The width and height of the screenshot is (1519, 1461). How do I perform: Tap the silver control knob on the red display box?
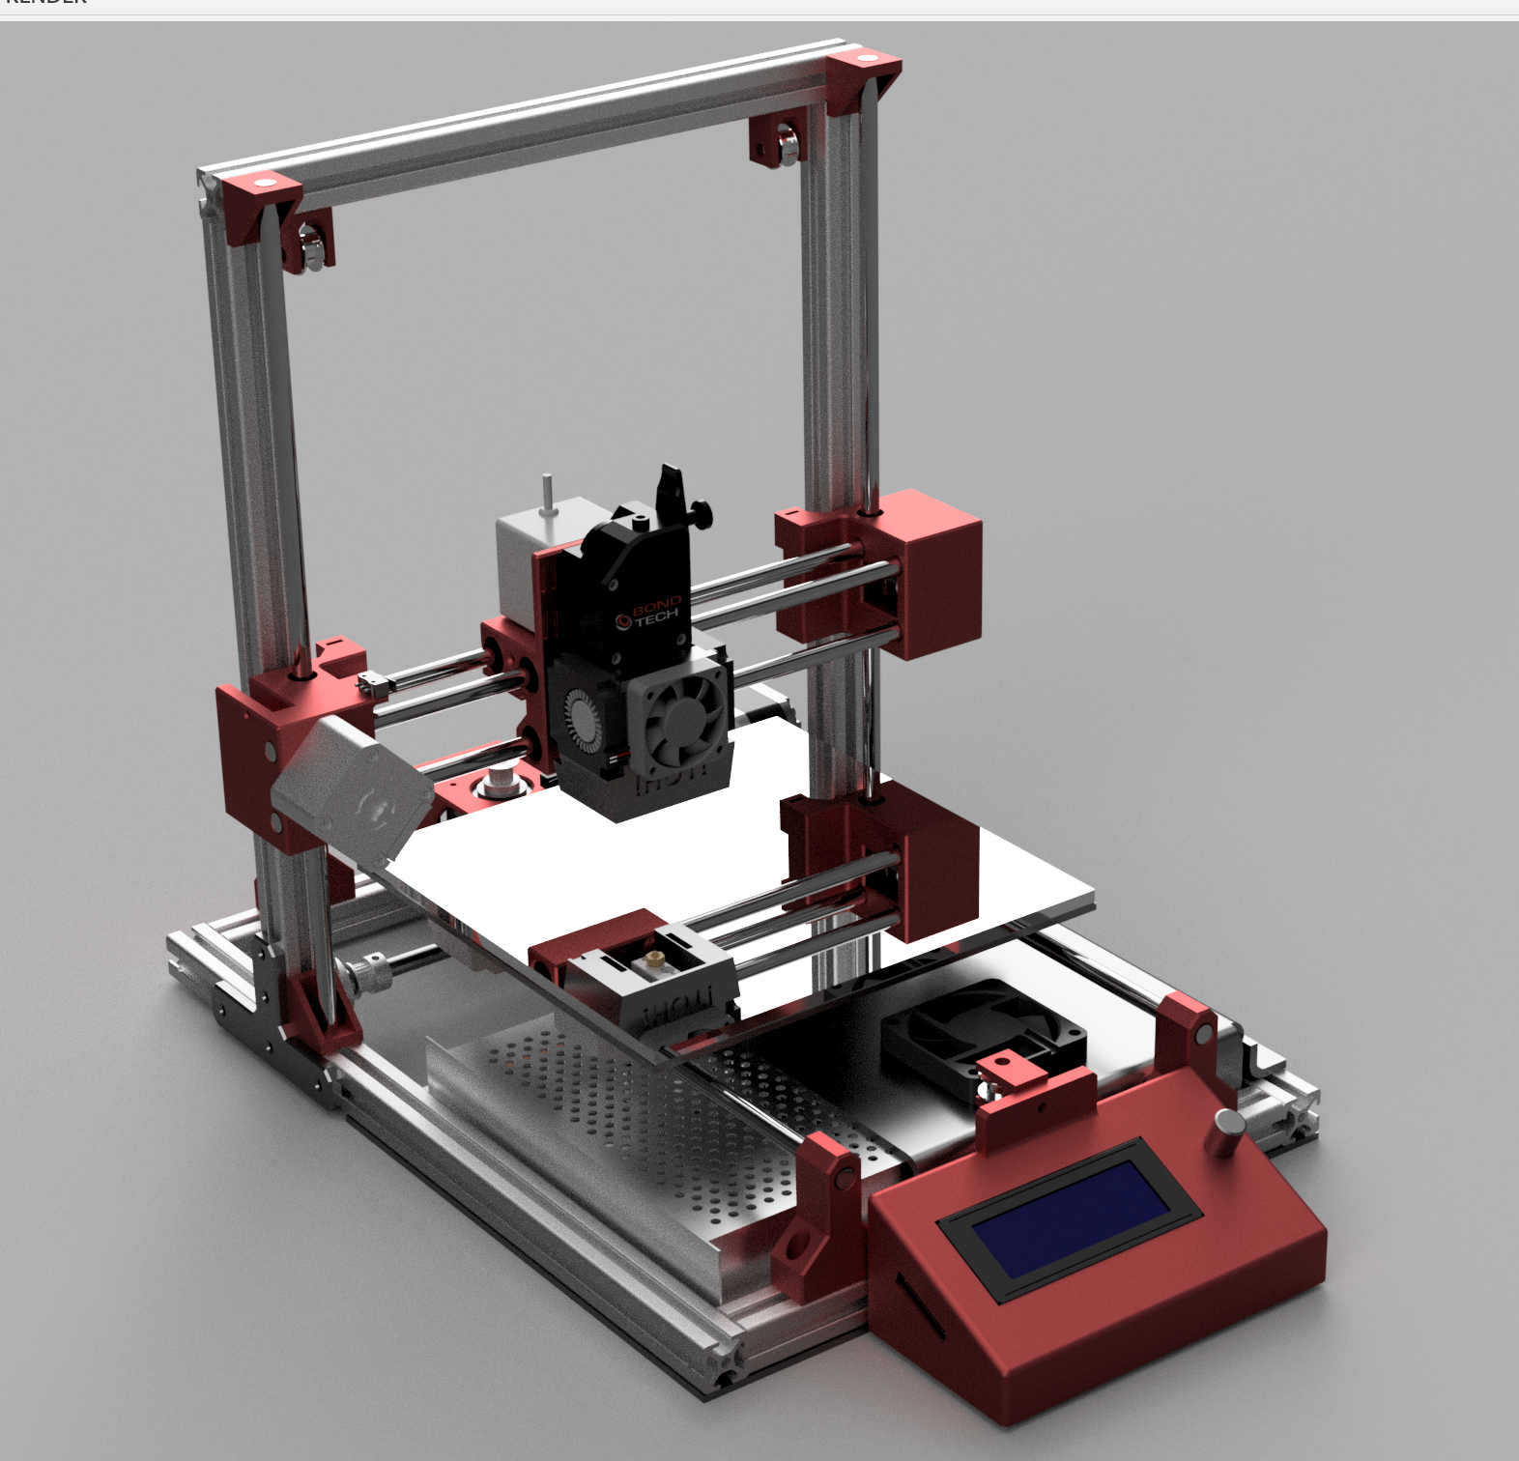(1229, 1131)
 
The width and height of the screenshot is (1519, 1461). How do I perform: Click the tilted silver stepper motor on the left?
(354, 788)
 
